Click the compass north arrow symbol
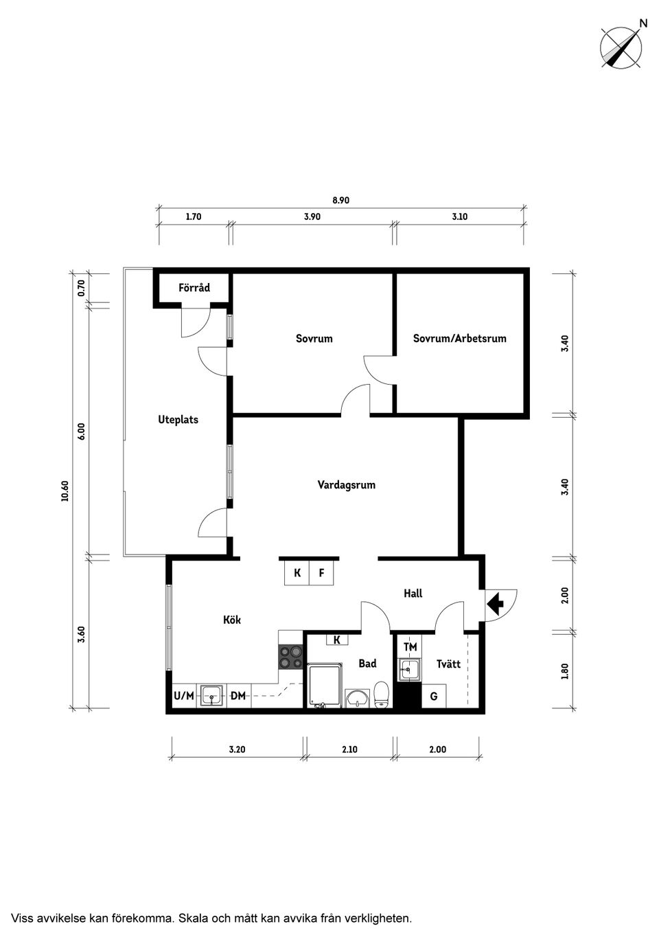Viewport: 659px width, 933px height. pyautogui.click(x=621, y=47)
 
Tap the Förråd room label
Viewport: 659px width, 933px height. pyautogui.click(x=194, y=288)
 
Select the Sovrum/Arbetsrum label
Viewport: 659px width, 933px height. pyautogui.click(x=459, y=338)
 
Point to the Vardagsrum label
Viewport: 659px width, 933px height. pyautogui.click(x=346, y=485)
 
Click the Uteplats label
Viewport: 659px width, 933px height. pyautogui.click(x=178, y=420)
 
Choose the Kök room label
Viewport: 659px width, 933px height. pyautogui.click(x=232, y=620)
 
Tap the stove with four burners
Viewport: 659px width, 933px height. pyautogui.click(x=291, y=657)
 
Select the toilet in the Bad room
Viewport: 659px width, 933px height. pyautogui.click(x=382, y=694)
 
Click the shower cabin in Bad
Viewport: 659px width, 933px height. pyautogui.click(x=325, y=685)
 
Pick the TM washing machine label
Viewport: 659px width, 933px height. pyautogui.click(x=410, y=647)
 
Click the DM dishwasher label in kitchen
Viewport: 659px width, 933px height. pyautogui.click(x=238, y=696)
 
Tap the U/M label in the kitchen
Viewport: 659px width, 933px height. pyautogui.click(x=184, y=696)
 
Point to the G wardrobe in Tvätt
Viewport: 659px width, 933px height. pyautogui.click(x=434, y=696)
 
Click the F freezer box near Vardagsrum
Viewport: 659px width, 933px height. pyautogui.click(x=321, y=573)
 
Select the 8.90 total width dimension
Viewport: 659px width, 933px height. pyautogui.click(x=341, y=201)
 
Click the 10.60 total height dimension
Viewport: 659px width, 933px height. pyautogui.click(x=65, y=491)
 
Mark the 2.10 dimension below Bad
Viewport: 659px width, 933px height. pyautogui.click(x=349, y=750)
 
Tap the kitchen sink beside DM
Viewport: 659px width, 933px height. pyautogui.click(x=212, y=696)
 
